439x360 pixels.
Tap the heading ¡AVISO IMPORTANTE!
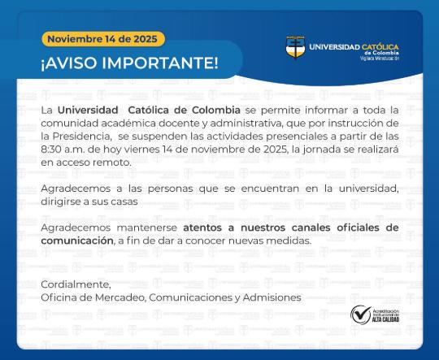click(129, 63)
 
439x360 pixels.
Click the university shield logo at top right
click(295, 47)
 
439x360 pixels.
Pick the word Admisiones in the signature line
click(272, 297)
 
